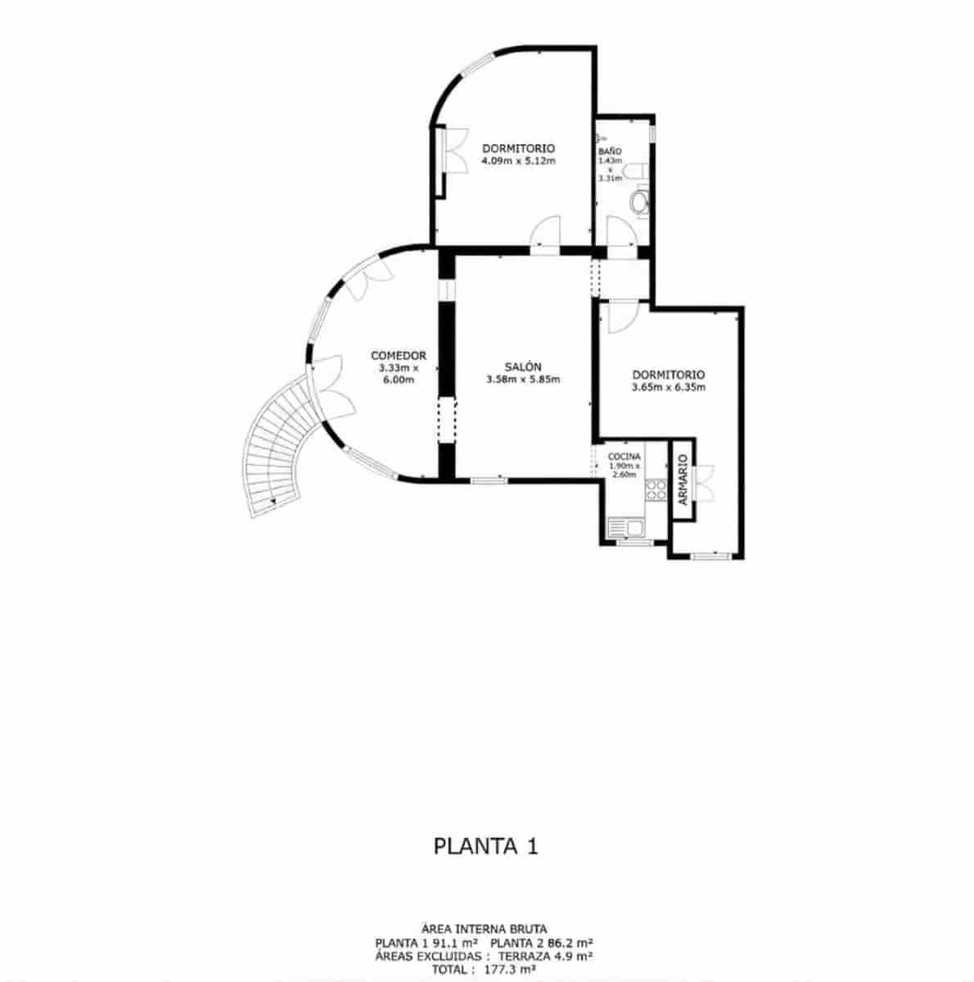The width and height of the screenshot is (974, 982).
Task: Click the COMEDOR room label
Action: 399,355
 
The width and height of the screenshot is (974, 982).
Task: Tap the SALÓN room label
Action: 522,367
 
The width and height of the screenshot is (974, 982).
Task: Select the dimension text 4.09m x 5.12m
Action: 518,160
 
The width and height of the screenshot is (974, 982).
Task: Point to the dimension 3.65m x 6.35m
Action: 669,388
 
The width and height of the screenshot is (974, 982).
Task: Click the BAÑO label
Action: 610,151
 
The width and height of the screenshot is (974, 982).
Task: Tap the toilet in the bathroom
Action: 640,201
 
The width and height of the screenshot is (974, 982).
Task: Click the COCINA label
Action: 624,457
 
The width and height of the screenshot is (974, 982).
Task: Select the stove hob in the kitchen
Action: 656,489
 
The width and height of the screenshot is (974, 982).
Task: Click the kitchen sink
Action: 625,528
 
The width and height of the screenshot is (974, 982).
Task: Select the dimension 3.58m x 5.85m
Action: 522,379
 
